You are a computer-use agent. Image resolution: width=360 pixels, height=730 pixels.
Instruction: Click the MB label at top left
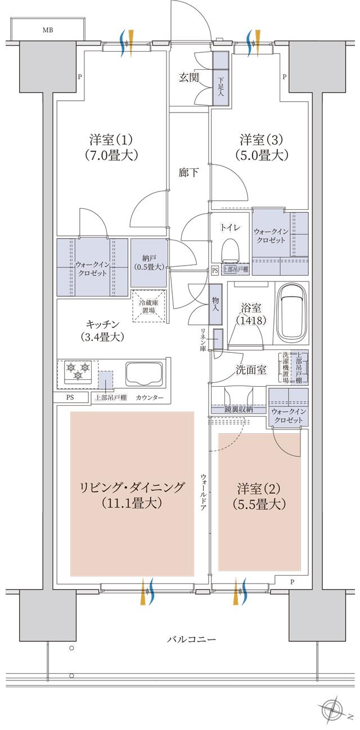point(48,30)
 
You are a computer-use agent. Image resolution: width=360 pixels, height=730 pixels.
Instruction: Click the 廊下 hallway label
point(188,173)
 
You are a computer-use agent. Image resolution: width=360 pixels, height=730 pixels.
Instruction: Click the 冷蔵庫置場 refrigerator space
point(149,306)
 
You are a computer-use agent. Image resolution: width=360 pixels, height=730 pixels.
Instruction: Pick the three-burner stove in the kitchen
point(77,372)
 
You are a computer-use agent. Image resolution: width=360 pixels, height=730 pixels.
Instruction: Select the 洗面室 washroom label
point(251,370)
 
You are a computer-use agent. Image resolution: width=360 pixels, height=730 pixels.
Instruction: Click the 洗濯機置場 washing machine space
point(286,368)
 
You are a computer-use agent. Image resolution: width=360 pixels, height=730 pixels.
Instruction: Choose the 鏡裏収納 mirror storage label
point(238,410)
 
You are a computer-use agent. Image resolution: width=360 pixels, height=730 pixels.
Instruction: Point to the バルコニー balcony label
point(191,640)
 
